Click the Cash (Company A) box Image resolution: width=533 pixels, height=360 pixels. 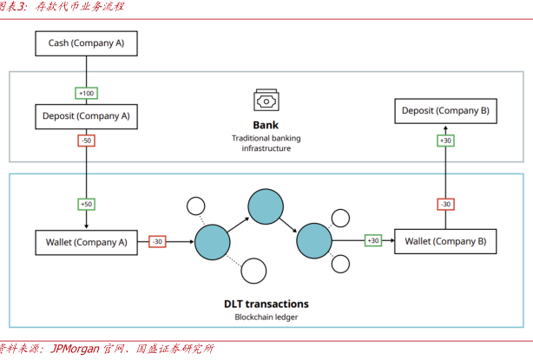click(86, 43)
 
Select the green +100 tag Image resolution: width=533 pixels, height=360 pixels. click(86, 93)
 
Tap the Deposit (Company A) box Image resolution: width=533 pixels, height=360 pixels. click(86, 115)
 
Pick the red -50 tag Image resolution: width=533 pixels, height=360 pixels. click(86, 141)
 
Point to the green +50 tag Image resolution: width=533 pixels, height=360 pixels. click(86, 204)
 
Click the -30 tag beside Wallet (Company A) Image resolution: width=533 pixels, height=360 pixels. click(157, 241)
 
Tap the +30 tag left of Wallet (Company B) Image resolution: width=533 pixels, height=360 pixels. click(373, 240)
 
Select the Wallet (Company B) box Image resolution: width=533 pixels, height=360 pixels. click(445, 240)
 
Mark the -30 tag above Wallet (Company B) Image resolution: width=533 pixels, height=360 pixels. click(445, 204)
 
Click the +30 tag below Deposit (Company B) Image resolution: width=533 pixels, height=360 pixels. click(445, 141)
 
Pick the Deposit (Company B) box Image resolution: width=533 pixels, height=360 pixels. click(445, 111)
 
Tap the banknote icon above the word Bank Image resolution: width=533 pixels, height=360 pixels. click(266, 100)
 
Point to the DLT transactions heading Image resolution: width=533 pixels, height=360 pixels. click(266, 304)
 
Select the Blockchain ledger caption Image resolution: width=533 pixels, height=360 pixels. click(266, 317)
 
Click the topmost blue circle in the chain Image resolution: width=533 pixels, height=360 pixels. click(266, 205)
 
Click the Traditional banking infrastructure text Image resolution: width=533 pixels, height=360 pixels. click(266, 143)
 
